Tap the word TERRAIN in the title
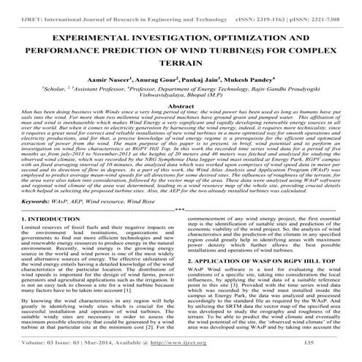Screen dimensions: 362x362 [x=181, y=64]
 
